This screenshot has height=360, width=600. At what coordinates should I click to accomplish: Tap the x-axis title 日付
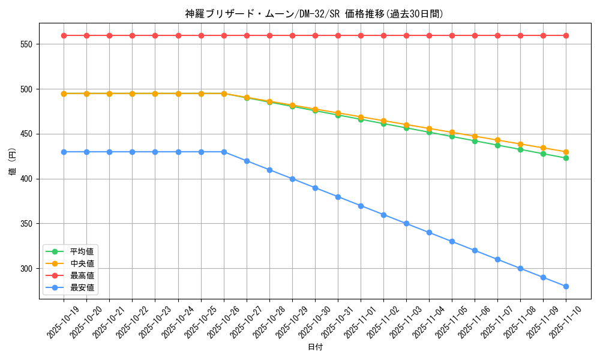[x=315, y=347]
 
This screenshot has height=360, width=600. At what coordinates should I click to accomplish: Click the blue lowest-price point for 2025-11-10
[x=566, y=286]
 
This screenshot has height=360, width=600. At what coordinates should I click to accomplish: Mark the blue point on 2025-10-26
[x=224, y=152]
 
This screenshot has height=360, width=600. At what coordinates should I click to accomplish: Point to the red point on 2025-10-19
[x=64, y=35]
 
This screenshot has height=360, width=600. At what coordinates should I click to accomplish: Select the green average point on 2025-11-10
[x=566, y=158]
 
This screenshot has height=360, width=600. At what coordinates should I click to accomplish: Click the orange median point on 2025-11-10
[x=566, y=152]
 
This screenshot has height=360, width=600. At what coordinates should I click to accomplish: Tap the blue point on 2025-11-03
[x=406, y=224]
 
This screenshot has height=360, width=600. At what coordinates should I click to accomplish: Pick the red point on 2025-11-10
[x=566, y=35]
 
